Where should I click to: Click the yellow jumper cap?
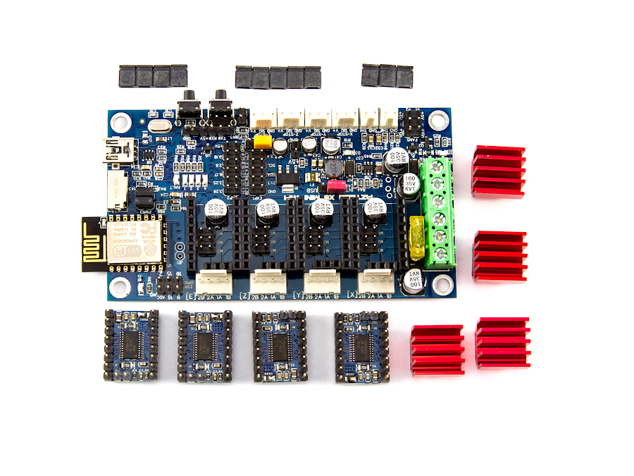(x=262, y=142)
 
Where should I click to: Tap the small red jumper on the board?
(x=337, y=186)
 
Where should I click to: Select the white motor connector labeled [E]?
(x=213, y=281)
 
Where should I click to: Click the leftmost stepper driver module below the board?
(x=132, y=345)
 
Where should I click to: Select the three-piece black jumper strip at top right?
(x=387, y=75)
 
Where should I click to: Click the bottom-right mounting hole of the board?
(x=442, y=283)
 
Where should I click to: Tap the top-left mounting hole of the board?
(x=120, y=122)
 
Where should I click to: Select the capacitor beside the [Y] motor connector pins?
(x=320, y=212)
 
